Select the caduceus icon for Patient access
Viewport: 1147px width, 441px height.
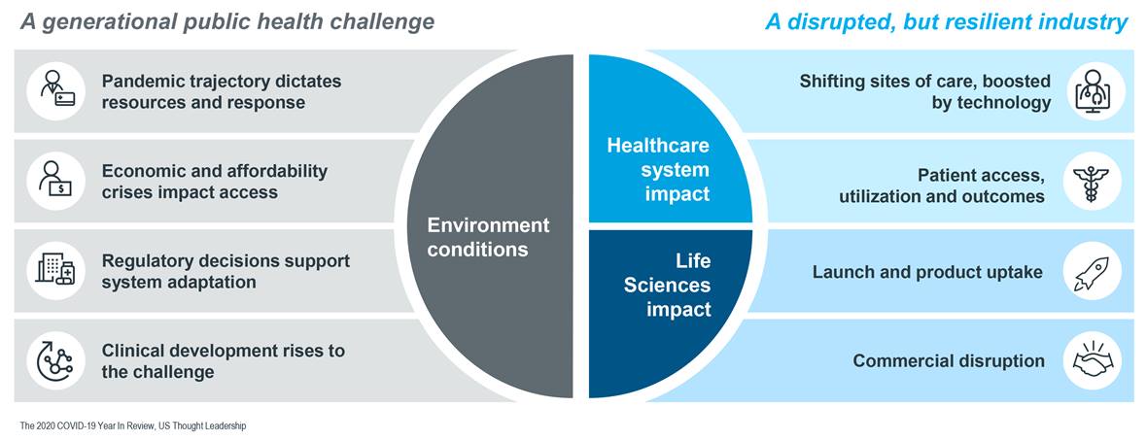tap(1092, 182)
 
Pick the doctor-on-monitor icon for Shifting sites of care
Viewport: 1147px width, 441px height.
tap(1092, 90)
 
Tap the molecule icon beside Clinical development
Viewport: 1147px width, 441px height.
tap(55, 359)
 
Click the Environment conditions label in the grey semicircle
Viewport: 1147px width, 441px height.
tap(488, 236)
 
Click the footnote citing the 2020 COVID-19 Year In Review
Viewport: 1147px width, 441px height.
tap(133, 425)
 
